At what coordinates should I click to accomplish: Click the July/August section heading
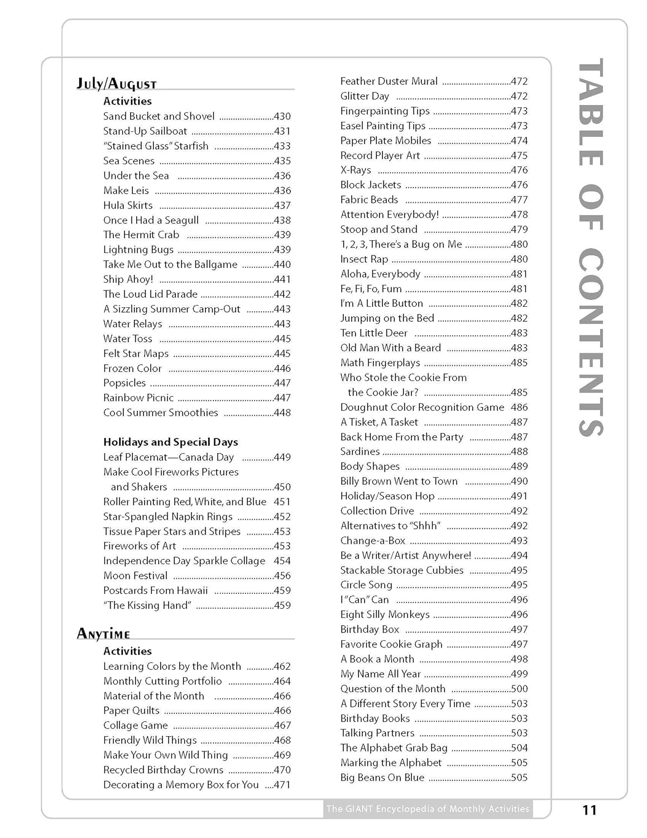116,84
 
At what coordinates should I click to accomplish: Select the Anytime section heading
103,634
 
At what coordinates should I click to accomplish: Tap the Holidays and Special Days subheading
170,442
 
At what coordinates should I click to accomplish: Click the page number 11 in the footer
590,810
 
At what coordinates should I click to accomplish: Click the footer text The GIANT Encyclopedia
428,808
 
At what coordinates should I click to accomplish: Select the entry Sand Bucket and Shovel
159,116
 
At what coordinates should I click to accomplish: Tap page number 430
282,116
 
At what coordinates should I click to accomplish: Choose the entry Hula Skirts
128,205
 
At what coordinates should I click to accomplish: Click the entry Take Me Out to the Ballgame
170,264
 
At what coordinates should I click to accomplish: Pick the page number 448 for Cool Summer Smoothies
282,413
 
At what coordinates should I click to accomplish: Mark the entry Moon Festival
135,575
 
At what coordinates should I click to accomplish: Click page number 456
282,575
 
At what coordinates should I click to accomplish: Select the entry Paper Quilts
131,711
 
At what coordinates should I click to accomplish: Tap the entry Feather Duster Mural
389,81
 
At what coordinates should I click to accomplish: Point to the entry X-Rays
356,170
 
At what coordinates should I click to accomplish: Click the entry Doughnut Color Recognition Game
422,407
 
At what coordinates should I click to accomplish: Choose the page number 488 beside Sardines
519,451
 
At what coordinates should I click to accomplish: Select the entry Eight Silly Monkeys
385,615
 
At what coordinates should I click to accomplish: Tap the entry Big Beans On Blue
382,777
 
